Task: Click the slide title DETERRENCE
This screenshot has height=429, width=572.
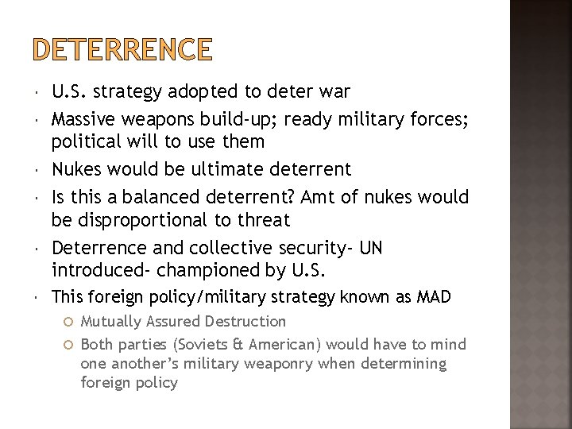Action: [x=123, y=49]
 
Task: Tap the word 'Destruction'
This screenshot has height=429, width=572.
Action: [x=246, y=322]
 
